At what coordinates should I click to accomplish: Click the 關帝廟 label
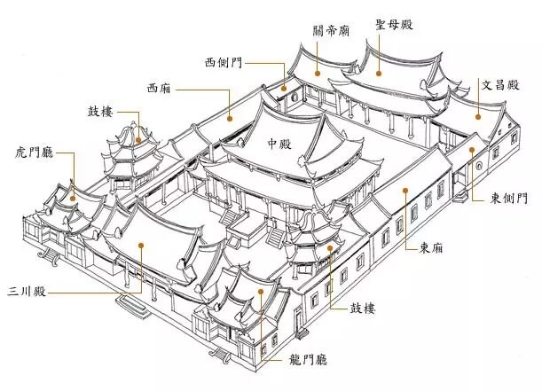pyautogui.click(x=331, y=30)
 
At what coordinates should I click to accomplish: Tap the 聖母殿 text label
pyautogui.click(x=395, y=24)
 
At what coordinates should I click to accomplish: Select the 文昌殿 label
pyautogui.click(x=500, y=84)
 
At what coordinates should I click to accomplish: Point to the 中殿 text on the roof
pyautogui.click(x=279, y=144)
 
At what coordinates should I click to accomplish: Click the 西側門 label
pyautogui.click(x=224, y=63)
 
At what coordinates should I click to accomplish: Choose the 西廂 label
pyautogui.click(x=159, y=88)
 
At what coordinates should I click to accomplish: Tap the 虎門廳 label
pyautogui.click(x=35, y=152)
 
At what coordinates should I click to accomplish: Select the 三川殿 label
pyautogui.click(x=27, y=292)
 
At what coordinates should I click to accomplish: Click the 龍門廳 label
pyautogui.click(x=308, y=360)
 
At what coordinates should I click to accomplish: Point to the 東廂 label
pyautogui.click(x=431, y=248)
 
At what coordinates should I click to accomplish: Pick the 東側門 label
pyautogui.click(x=509, y=199)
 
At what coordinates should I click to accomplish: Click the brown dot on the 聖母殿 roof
pyautogui.click(x=379, y=74)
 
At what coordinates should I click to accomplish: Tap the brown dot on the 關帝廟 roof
pyautogui.click(x=317, y=73)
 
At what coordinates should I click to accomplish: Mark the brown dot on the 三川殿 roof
pyautogui.click(x=141, y=246)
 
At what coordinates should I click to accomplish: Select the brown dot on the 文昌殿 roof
pyautogui.click(x=478, y=117)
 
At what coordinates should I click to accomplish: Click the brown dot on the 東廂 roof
pyautogui.click(x=405, y=190)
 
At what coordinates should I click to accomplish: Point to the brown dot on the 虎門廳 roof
pyautogui.click(x=73, y=199)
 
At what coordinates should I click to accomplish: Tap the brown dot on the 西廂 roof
pyautogui.click(x=230, y=119)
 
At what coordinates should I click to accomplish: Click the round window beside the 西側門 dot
pyautogui.click(x=295, y=97)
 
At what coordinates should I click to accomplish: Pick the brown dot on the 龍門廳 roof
pyautogui.click(x=261, y=292)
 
